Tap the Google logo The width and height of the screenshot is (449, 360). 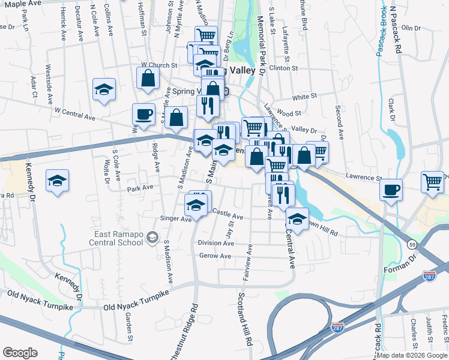[20, 353]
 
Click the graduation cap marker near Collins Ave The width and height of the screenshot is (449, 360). [104, 89]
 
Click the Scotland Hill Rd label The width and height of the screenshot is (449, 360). [244, 318]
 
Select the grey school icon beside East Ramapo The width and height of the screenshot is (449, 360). [152, 238]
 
